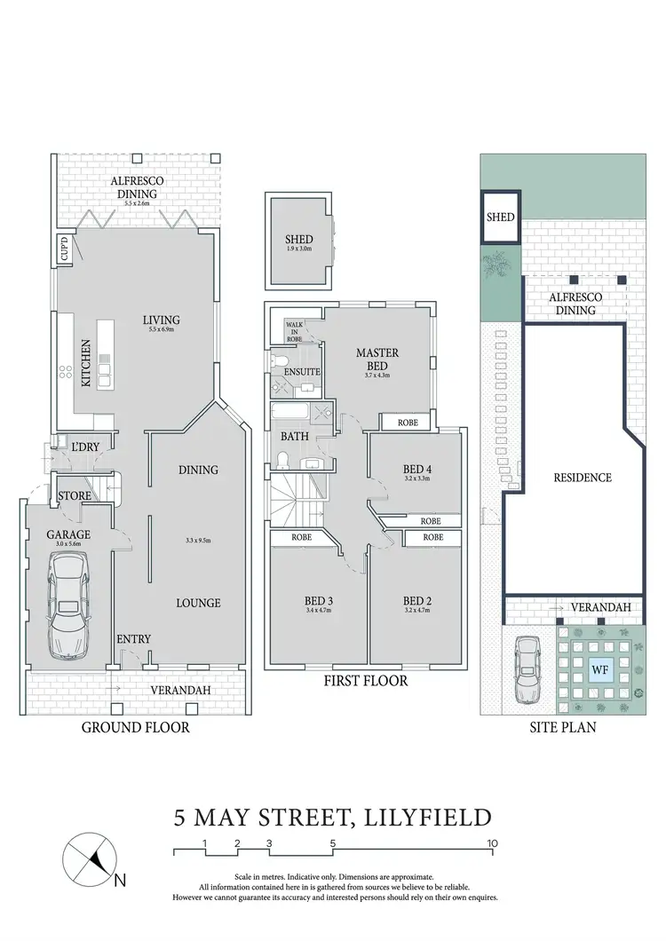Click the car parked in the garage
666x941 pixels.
pos(67,605)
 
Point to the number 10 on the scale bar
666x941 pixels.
pos(491,842)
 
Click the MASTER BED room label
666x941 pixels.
pos(377,359)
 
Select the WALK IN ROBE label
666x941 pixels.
pos(293,331)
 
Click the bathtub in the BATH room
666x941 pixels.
pos(292,415)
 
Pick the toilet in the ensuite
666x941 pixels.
pos(278,360)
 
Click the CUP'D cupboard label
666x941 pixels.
pos(65,249)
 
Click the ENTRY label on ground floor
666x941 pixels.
pos(133,639)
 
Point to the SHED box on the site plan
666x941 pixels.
pos(500,216)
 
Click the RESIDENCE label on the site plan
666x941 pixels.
pos(583,478)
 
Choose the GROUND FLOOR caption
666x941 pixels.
pos(136,727)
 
